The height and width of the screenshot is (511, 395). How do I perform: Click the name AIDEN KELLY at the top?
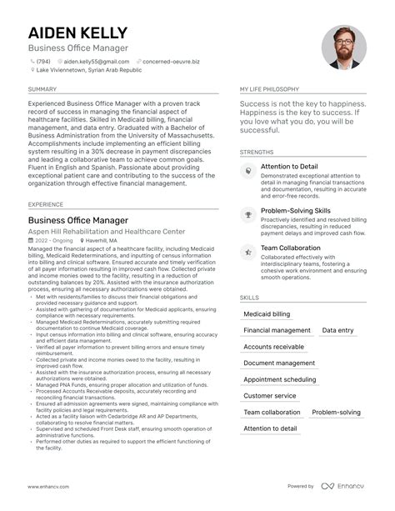point(77,33)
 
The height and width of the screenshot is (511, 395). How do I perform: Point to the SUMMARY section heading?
point(42,88)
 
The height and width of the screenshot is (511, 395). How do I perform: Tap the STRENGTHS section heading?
point(257,153)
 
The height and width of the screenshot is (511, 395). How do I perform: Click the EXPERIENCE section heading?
point(46,203)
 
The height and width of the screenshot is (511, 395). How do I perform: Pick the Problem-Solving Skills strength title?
point(295,212)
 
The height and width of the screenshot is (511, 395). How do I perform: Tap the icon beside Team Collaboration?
point(247,249)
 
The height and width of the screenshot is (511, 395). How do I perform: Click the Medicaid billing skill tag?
point(267,314)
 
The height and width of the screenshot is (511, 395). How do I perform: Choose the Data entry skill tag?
point(337,330)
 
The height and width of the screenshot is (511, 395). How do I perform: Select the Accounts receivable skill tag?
point(273,347)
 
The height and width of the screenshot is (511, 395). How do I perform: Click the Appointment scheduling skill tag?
point(279,379)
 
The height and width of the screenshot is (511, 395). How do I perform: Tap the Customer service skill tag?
point(269,396)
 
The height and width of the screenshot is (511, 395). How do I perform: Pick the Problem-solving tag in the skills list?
point(337,412)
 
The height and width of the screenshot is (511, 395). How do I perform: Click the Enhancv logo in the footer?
point(343,486)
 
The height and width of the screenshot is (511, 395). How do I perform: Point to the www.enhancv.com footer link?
point(49,486)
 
